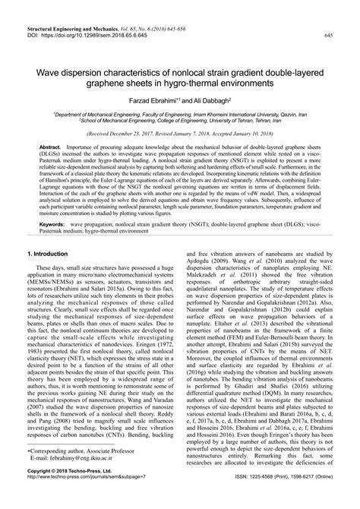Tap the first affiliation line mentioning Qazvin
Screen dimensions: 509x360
[179, 111]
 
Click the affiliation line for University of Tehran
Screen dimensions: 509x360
[179, 118]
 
